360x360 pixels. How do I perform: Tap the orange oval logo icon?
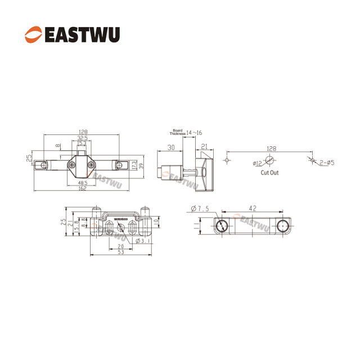[x=33, y=35]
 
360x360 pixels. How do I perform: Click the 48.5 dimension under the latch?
[x=82, y=183]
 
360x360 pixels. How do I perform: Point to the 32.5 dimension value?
[x=82, y=138]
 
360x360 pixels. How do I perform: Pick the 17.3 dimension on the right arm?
[x=133, y=165]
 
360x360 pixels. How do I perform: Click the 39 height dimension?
[x=142, y=165]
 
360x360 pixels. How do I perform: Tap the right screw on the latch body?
[x=91, y=165]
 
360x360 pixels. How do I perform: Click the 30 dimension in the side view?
[x=170, y=147]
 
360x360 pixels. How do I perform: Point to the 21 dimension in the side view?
[x=205, y=147]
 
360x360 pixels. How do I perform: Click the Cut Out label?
[x=269, y=173]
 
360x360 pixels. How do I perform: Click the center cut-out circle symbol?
[x=269, y=160]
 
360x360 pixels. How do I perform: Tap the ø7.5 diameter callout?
[x=200, y=209]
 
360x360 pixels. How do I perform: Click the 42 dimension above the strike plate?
[x=253, y=208]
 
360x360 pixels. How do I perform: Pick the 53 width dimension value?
[x=120, y=253]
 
